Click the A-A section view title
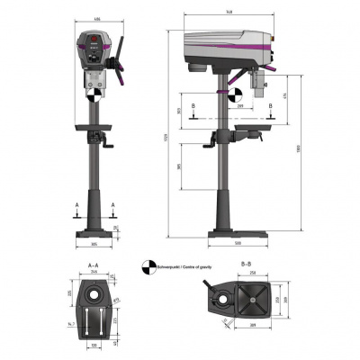tap(93, 265)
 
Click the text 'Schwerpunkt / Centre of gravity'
tap(185, 267)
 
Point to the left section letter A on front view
tap(76, 205)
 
